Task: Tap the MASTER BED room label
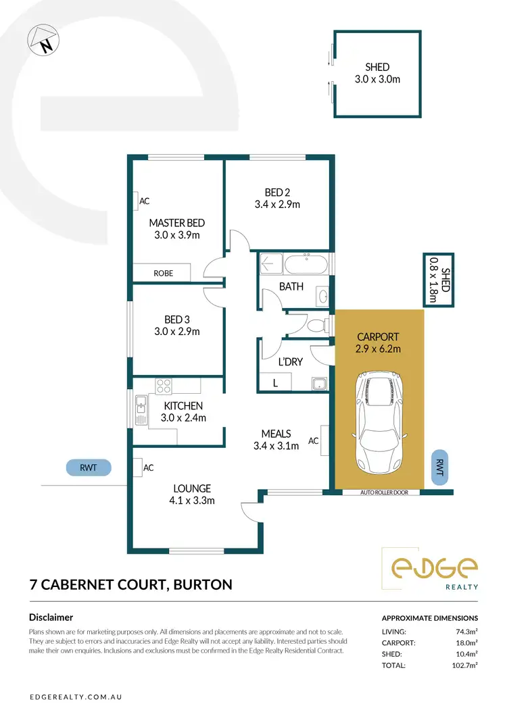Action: coord(176,223)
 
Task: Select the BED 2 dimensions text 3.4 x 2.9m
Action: coord(277,204)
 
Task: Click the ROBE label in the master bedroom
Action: coord(163,273)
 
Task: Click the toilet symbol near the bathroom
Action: coord(316,326)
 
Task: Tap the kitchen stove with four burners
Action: coord(164,386)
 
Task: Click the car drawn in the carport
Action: coord(379,422)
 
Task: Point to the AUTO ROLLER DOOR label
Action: coord(379,492)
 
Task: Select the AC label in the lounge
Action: coord(149,467)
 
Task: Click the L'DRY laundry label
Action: coord(291,362)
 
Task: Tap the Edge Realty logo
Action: coord(430,568)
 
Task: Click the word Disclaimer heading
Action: coord(51,617)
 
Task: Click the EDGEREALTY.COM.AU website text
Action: coord(75,696)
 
